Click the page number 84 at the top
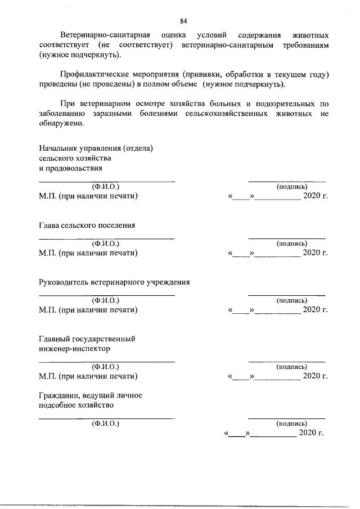(x=183, y=21)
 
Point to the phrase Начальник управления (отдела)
(x=96, y=149)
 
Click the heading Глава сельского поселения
(x=87, y=226)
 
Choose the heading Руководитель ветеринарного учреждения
(x=114, y=282)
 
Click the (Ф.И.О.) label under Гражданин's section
(x=106, y=424)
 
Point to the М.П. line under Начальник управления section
(x=88, y=196)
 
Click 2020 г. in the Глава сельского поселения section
(x=315, y=253)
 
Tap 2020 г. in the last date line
(x=311, y=433)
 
